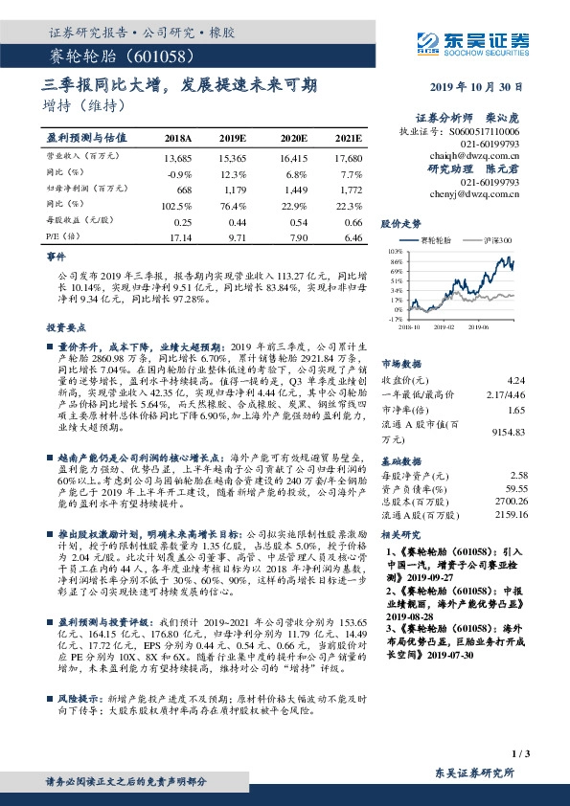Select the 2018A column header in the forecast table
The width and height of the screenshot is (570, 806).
178,138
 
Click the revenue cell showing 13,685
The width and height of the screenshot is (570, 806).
178,156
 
